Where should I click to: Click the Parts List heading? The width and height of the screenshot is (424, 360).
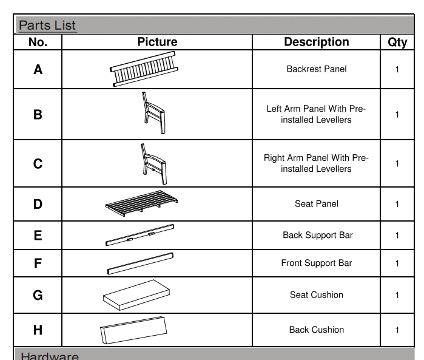[47, 25]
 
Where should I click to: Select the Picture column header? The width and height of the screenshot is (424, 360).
[157, 42]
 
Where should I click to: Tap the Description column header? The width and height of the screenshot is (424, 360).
[316, 42]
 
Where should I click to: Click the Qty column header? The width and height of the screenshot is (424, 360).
[397, 42]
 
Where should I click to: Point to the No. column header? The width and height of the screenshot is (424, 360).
[38, 42]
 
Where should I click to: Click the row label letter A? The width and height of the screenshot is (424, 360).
[38, 69]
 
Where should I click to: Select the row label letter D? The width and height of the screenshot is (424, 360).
[38, 204]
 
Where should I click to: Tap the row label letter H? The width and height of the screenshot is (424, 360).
[38, 330]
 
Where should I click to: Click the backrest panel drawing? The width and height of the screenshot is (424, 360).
[144, 69]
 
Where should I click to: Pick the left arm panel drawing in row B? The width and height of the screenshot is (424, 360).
[153, 114]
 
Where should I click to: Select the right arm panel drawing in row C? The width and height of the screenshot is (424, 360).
[153, 163]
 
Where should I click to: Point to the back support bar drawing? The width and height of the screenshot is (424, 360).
[140, 235]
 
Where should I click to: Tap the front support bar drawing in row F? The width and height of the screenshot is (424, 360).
[140, 263]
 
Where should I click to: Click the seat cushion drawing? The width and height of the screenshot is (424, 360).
[136, 294]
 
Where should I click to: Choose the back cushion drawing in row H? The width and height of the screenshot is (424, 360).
[133, 330]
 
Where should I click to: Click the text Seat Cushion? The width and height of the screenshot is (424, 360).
[316, 295]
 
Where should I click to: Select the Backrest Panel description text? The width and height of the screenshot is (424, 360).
[316, 69]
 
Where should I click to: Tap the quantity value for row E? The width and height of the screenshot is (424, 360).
[397, 236]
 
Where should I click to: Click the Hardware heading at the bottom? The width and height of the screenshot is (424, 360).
[50, 356]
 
